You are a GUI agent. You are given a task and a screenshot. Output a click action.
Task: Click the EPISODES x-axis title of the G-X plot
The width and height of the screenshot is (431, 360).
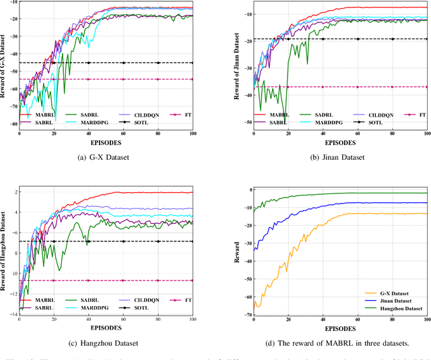click(106, 143)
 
